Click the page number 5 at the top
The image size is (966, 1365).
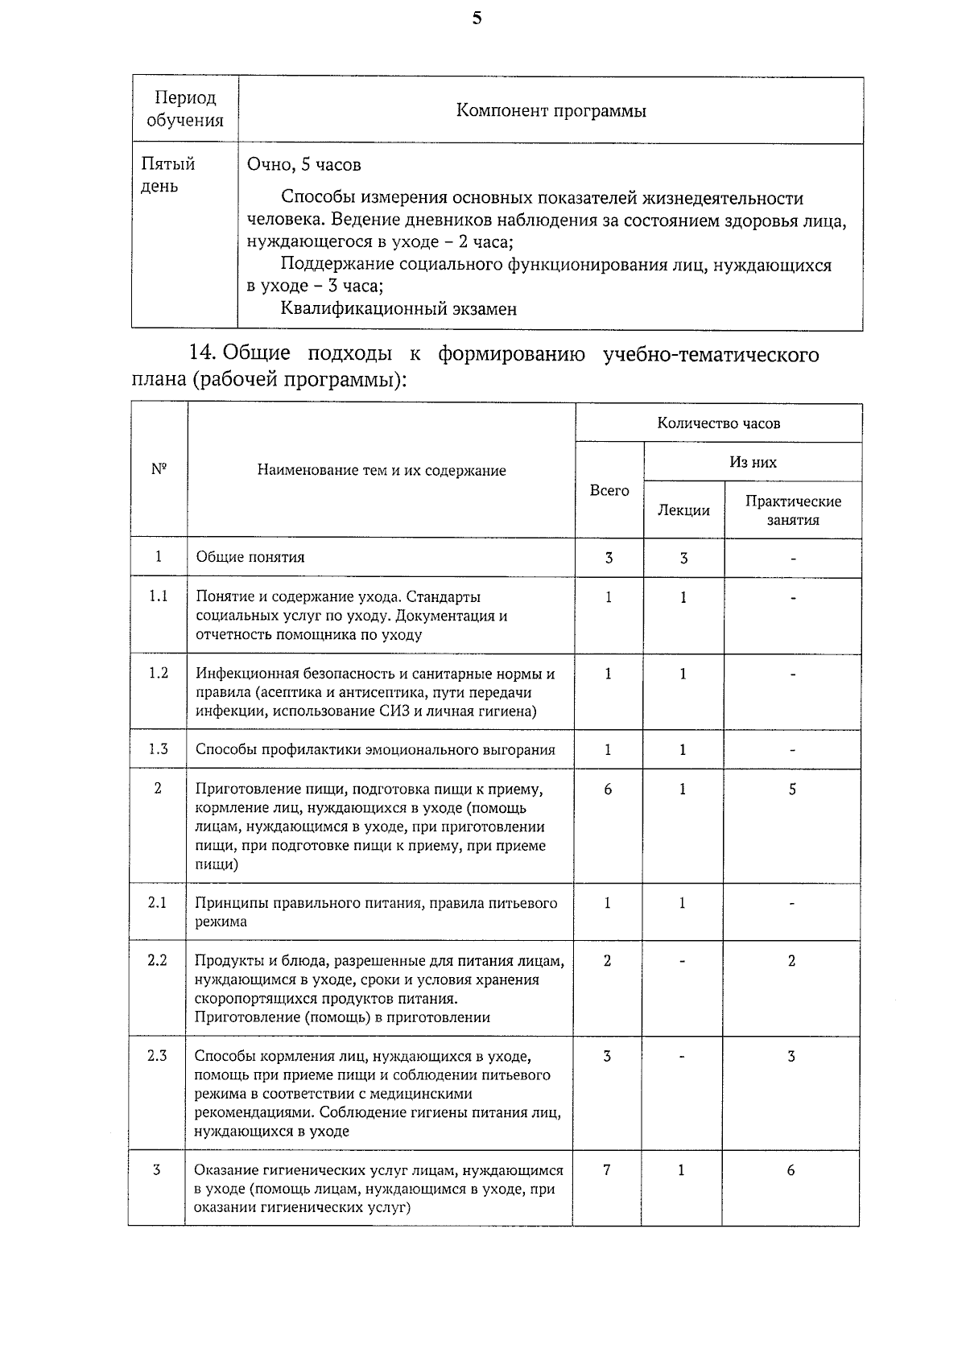(477, 19)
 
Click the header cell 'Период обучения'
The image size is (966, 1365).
(185, 109)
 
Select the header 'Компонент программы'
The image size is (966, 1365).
(551, 110)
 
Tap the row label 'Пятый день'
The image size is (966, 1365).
(168, 175)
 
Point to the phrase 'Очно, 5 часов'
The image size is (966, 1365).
(304, 165)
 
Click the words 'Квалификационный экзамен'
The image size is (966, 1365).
(398, 308)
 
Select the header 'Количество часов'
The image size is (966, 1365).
(718, 423)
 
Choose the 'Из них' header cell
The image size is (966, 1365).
(753, 462)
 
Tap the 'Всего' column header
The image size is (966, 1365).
(609, 490)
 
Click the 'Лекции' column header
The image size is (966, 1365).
(683, 510)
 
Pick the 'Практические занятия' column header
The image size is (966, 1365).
(793, 510)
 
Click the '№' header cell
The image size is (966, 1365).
(159, 469)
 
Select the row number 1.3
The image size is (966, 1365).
(159, 749)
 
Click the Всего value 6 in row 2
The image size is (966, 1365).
(608, 790)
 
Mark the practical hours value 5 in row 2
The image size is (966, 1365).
(792, 790)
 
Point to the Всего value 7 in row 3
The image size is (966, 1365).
(607, 1170)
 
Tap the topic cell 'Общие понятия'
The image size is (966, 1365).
(250, 557)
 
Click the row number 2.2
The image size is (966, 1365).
(158, 960)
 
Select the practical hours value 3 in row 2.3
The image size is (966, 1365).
(791, 1056)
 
